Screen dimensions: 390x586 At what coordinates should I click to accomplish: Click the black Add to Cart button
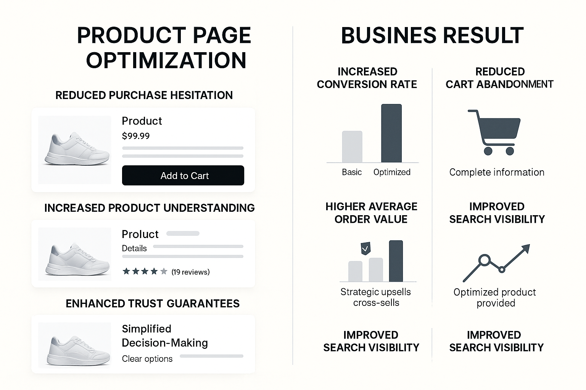pyautogui.click(x=183, y=176)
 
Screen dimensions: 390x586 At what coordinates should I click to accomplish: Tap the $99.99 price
pyautogui.click(x=135, y=136)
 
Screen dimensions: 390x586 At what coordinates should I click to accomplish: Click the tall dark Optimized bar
pyautogui.click(x=391, y=133)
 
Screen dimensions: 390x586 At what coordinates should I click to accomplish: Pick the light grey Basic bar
pyautogui.click(x=352, y=147)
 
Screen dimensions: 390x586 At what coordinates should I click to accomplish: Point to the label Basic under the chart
pyautogui.click(x=352, y=172)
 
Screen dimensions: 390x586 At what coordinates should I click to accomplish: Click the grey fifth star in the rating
pyautogui.click(x=164, y=272)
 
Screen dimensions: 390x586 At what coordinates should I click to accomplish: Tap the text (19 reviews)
pyautogui.click(x=190, y=272)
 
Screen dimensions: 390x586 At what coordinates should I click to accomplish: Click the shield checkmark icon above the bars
pyautogui.click(x=365, y=248)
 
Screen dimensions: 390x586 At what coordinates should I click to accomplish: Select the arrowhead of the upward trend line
pyautogui.click(x=525, y=249)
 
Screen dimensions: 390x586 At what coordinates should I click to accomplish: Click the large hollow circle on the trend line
pyautogui.click(x=484, y=260)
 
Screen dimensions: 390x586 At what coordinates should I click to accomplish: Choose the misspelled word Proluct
pyautogui.click(x=140, y=234)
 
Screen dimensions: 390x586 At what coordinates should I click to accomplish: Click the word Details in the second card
pyautogui.click(x=134, y=248)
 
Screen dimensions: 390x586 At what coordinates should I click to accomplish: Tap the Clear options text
pyautogui.click(x=147, y=359)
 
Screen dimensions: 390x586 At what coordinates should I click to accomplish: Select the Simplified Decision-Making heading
pyautogui.click(x=164, y=336)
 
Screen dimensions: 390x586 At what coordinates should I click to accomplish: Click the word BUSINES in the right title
pyautogui.click(x=388, y=36)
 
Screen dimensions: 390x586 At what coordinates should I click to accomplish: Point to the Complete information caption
pyautogui.click(x=497, y=172)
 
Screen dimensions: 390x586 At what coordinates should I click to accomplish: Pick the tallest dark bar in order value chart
pyautogui.click(x=396, y=261)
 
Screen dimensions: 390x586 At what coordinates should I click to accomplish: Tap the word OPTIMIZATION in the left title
pyautogui.click(x=166, y=61)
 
